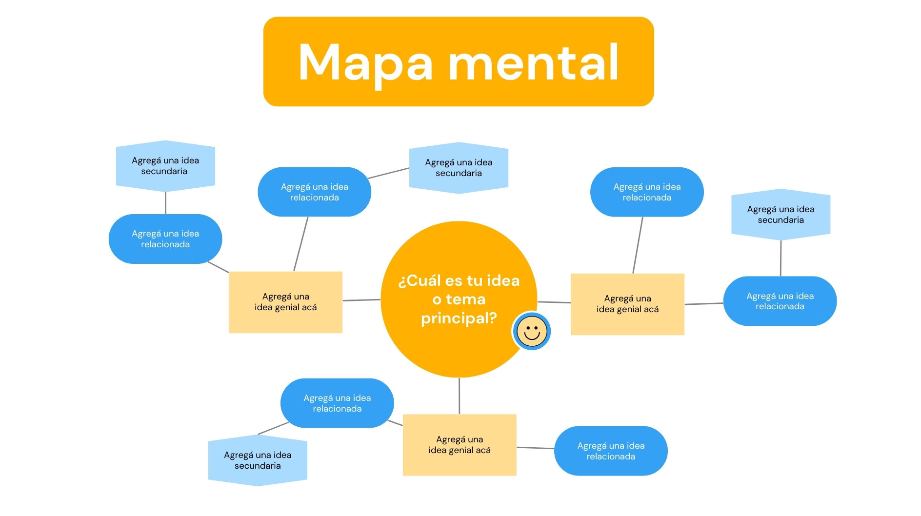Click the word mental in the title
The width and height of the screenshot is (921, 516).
coord(534,62)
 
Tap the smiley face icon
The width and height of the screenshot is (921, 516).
coord(532,332)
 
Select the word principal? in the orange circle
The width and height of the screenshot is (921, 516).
coord(459,318)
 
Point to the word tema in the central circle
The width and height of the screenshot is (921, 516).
coord(465,299)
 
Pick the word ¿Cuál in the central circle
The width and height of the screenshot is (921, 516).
coord(419,280)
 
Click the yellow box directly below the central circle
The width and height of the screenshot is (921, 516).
coord(460,445)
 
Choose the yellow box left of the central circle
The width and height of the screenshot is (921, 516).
coord(286,302)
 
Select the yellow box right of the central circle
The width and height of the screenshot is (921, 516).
coord(628,304)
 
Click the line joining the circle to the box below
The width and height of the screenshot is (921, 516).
coord(459,396)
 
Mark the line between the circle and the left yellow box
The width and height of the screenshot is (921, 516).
coord(361,300)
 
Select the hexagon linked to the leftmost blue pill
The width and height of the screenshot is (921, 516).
coord(165,166)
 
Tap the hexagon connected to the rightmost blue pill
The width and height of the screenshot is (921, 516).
coord(781,215)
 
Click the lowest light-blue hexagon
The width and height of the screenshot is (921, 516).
coord(258,460)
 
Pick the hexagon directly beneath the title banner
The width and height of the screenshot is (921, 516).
coord(459,168)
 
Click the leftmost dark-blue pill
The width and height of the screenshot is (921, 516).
coord(165,239)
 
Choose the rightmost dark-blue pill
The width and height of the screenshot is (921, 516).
coord(780,301)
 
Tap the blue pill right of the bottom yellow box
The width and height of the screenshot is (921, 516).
coord(611,451)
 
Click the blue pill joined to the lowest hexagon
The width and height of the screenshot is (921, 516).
coord(337,403)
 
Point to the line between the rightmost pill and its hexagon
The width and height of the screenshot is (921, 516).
coord(781,258)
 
